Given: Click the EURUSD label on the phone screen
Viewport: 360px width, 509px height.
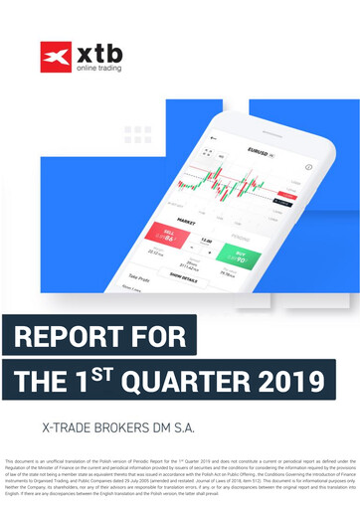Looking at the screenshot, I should point(261,151).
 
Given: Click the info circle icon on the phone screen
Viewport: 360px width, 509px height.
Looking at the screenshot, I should point(308,168).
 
